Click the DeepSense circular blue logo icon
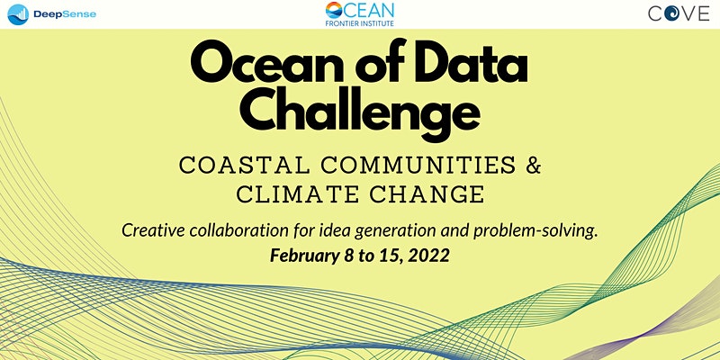click(x=18, y=14)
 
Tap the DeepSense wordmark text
click(x=65, y=14)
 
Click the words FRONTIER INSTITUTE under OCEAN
click(x=359, y=23)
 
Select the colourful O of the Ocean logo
click(x=334, y=10)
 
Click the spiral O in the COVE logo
click(x=671, y=13)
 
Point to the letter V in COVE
click(x=688, y=13)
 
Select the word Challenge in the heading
click(x=359, y=112)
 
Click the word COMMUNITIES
click(x=418, y=166)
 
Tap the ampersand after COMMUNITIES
click(x=533, y=166)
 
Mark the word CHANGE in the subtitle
click(x=427, y=194)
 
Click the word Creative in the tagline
click(x=153, y=230)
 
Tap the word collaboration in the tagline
click(x=239, y=230)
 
